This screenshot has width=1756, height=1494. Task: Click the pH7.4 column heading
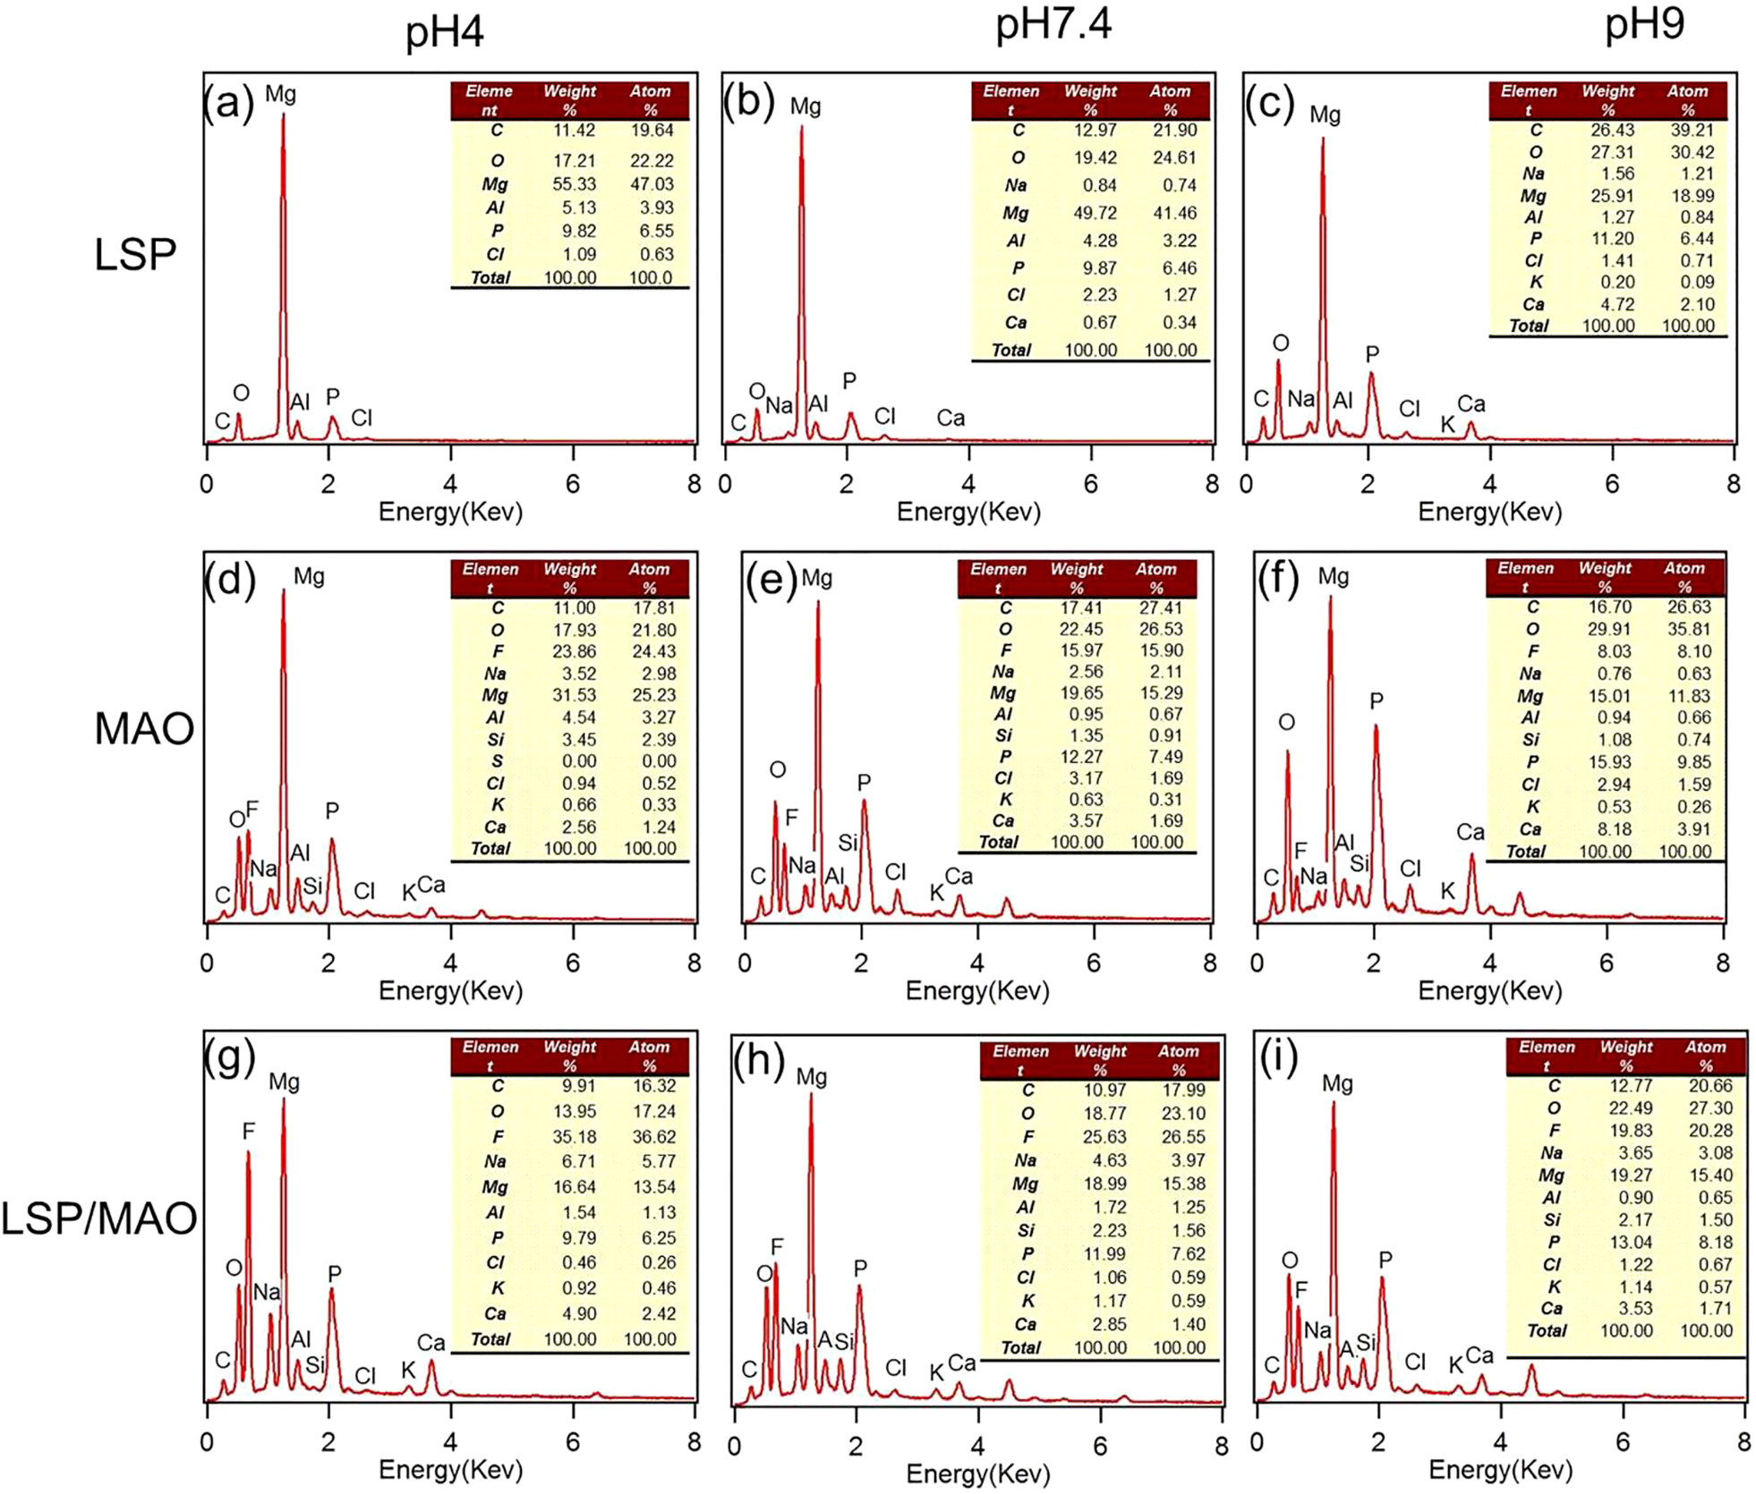pos(1053,25)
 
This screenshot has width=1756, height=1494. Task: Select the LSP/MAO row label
pos(98,1219)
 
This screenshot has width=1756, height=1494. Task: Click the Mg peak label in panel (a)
pos(280,94)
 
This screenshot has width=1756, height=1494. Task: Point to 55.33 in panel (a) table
pos(574,184)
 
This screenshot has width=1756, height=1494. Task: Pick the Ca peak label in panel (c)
pos(1470,403)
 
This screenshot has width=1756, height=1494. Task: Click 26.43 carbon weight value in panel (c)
pos(1611,130)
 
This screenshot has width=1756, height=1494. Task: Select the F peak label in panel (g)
pos(249,1132)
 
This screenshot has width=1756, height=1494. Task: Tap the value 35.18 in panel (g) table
pos(574,1136)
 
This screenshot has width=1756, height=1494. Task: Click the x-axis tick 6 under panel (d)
pos(573,963)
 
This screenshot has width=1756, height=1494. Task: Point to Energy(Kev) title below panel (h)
pos(977,1473)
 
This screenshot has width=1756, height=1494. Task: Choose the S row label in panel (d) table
pos(497,761)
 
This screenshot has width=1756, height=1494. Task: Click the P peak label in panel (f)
pos(1376,701)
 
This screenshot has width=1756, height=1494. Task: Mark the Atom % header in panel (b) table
pos(1170,100)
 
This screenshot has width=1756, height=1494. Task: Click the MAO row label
pos(143,729)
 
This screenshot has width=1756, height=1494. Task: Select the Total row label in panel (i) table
pos(1547,1330)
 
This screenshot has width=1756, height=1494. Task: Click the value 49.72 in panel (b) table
pos(1090,213)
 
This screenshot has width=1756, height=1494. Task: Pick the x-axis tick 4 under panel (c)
pos(1489,484)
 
